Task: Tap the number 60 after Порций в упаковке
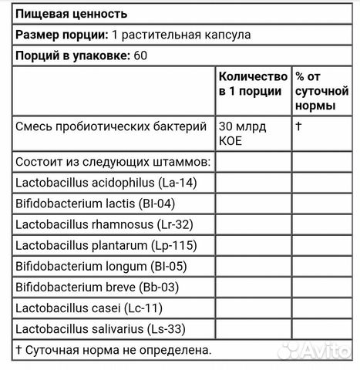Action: click(140, 55)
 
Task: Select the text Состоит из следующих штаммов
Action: click(113, 162)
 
